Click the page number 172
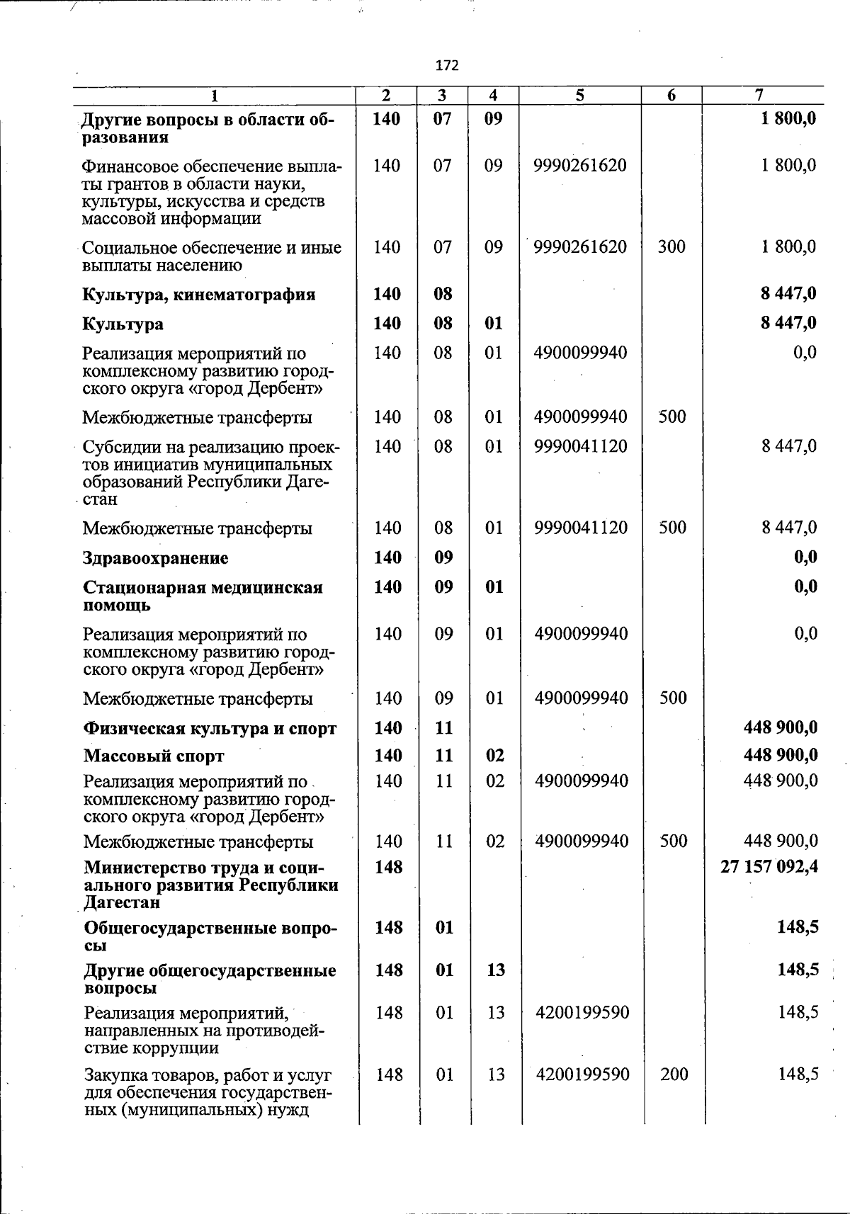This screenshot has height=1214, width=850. point(447,66)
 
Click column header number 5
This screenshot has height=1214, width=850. point(579,96)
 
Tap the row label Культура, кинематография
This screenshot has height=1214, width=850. point(199,295)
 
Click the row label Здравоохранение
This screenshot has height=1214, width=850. point(156,558)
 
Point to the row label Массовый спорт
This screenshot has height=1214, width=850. point(154,756)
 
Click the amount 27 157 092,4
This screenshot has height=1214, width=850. point(769,867)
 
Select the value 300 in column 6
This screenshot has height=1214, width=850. point(671,247)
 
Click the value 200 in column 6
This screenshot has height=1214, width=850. point(674,1074)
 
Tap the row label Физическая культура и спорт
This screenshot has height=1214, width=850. point(210,728)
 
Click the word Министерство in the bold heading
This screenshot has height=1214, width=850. point(138,868)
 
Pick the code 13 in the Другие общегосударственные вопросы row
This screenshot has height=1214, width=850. point(496,970)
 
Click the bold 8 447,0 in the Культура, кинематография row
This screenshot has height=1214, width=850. point(788,294)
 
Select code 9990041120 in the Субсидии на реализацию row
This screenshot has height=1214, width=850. point(581,446)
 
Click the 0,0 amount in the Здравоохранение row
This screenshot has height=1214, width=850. point(805,557)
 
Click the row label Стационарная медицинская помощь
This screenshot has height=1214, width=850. point(203,596)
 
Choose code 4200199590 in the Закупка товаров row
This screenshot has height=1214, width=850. point(582,1074)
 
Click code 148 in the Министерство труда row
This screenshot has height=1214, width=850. point(388,867)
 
